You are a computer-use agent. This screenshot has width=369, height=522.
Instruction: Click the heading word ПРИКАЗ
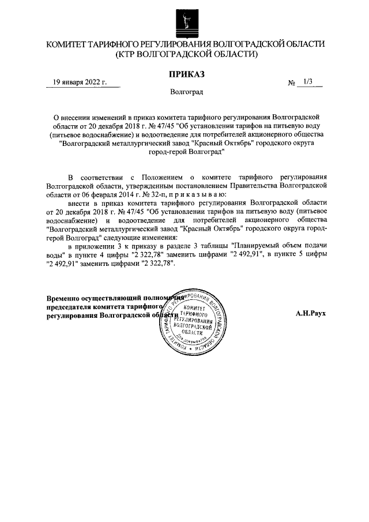click(186, 74)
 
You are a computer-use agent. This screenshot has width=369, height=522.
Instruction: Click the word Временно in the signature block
click(63, 298)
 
